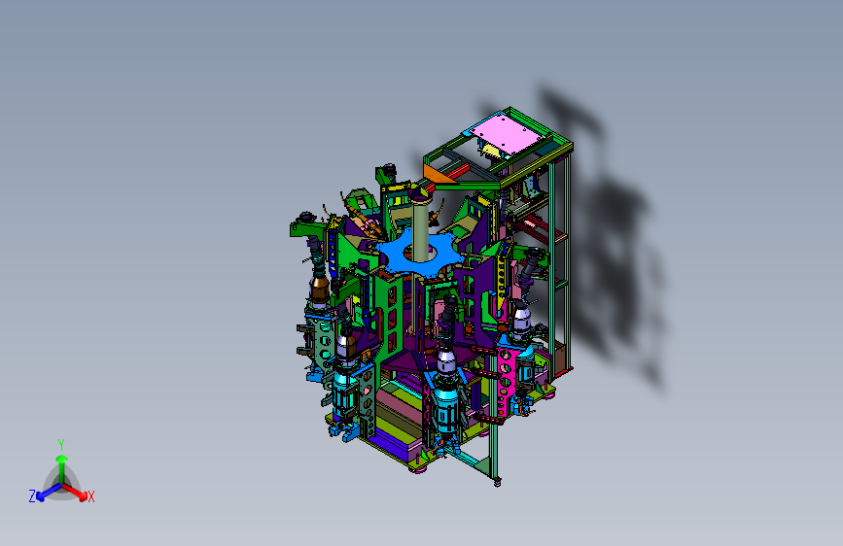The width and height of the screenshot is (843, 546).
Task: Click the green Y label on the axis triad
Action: [x=61, y=445]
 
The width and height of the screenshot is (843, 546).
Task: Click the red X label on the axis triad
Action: [x=90, y=497]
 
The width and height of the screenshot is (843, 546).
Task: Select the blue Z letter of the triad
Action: [x=32, y=496]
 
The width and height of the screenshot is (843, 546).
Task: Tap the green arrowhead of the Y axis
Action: [x=62, y=459]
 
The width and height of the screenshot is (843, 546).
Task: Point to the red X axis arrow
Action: [x=74, y=491]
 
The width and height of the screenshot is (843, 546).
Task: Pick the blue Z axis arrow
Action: [x=49, y=492]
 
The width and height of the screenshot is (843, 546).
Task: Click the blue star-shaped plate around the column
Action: [x=418, y=252]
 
